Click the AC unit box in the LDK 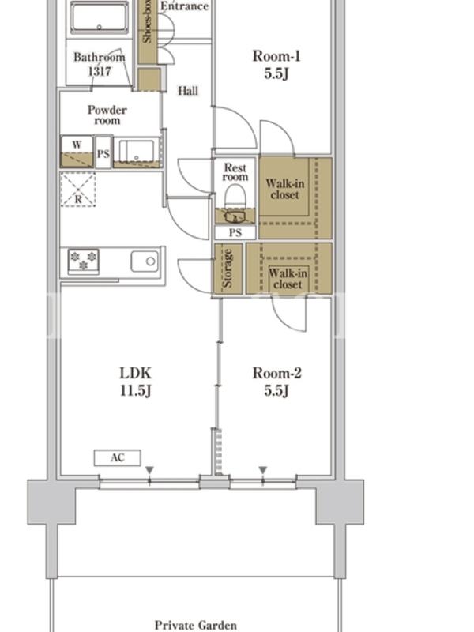click(x=117, y=458)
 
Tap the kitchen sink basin click(x=145, y=261)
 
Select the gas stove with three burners click(x=84, y=261)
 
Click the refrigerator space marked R click(x=78, y=190)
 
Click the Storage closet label click(x=228, y=269)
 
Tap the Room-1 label click(x=276, y=56)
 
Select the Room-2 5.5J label click(x=277, y=382)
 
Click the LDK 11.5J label click(x=135, y=382)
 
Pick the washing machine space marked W click(x=77, y=151)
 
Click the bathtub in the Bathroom click(x=100, y=17)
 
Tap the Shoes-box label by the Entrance click(x=147, y=21)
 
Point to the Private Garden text click(x=196, y=625)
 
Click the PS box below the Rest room click(x=235, y=232)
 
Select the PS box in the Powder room click(x=103, y=152)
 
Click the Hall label click(x=188, y=91)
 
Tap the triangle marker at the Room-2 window click(x=263, y=470)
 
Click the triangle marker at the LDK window click(x=149, y=470)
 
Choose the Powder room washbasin click(x=137, y=150)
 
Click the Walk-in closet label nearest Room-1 click(x=285, y=189)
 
